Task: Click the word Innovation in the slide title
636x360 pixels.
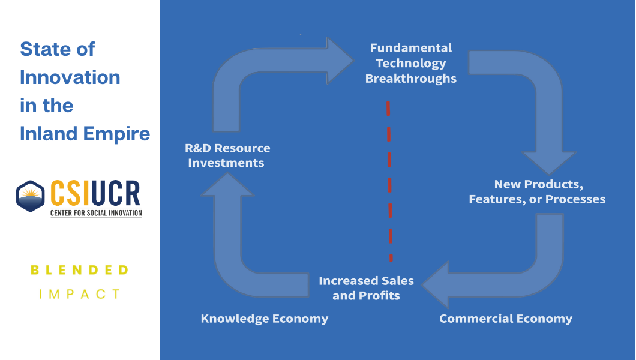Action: [70, 77]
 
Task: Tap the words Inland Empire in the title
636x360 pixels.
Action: [85, 133]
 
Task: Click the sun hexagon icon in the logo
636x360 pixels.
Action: [30, 196]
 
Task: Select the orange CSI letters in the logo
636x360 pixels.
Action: [71, 193]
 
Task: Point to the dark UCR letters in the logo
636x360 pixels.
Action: [116, 193]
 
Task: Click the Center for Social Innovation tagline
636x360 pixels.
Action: [95, 212]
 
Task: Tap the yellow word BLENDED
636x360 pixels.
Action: [80, 270]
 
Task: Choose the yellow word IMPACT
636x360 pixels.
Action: [80, 294]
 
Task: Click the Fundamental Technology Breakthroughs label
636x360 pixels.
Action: [411, 63]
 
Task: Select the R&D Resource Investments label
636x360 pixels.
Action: [229, 155]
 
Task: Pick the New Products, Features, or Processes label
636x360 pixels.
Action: [537, 191]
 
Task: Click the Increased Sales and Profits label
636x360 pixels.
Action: [366, 288]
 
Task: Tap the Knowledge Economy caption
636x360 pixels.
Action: [265, 319]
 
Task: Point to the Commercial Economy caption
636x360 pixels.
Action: [506, 319]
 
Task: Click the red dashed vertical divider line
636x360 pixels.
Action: [389, 180]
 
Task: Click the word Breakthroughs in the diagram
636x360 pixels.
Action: [411, 79]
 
